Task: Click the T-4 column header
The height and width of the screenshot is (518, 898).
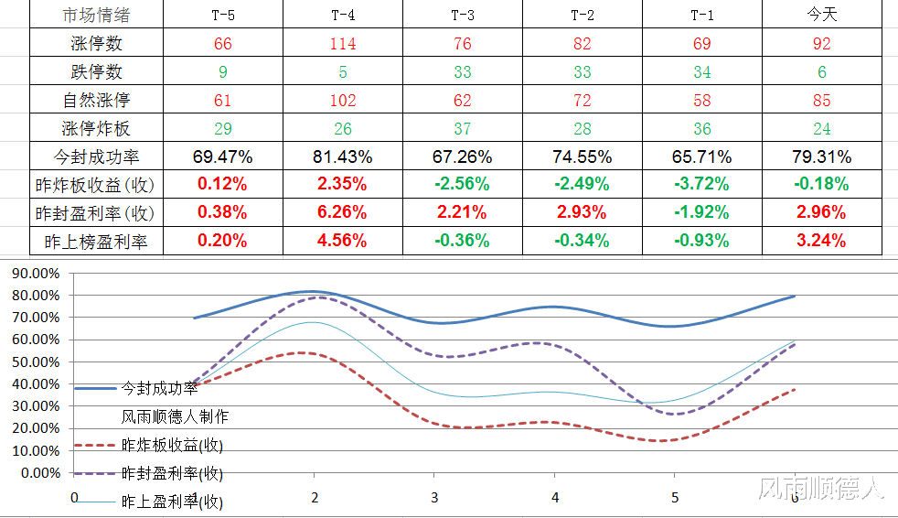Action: pyautogui.click(x=343, y=15)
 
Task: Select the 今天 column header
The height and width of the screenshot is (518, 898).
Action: pyautogui.click(x=822, y=15)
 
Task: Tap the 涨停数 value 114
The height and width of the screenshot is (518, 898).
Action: pyautogui.click(x=343, y=44)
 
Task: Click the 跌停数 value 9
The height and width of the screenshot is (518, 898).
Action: pyautogui.click(x=223, y=71)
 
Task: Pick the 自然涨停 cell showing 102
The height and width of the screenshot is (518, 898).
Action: pyautogui.click(x=343, y=101)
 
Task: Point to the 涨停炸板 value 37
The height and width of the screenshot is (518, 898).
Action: pyautogui.click(x=463, y=128)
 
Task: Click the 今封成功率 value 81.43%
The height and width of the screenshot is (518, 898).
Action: pyautogui.click(x=343, y=156)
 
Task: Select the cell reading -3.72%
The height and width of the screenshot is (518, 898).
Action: pyautogui.click(x=701, y=184)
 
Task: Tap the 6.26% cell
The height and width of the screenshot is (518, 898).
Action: pyautogui.click(x=342, y=212)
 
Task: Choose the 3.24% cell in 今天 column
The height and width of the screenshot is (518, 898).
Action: pyautogui.click(x=821, y=240)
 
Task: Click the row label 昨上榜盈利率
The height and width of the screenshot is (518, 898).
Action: pyautogui.click(x=96, y=242)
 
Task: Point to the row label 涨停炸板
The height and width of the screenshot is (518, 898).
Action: pyautogui.click(x=96, y=128)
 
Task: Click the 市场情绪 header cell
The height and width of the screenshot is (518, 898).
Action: pyautogui.click(x=96, y=15)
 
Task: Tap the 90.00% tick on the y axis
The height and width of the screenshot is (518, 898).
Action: pyautogui.click(x=36, y=274)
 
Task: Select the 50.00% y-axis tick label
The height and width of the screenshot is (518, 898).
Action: pyautogui.click(x=36, y=362)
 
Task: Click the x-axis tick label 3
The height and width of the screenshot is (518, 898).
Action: pyautogui.click(x=434, y=498)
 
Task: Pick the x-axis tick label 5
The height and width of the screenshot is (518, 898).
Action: pyautogui.click(x=675, y=498)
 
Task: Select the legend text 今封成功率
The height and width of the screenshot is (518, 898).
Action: pyautogui.click(x=159, y=388)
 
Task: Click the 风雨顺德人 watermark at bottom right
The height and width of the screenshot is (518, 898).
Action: pyautogui.click(x=820, y=488)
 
